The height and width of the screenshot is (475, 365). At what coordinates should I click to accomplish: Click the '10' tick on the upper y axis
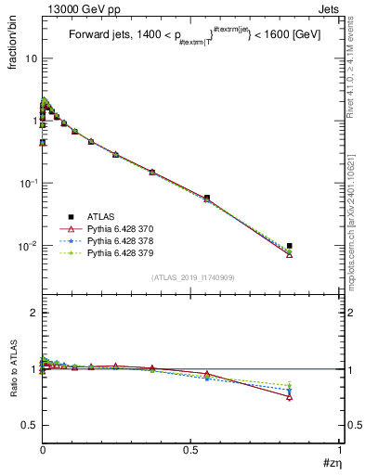coord(30,58)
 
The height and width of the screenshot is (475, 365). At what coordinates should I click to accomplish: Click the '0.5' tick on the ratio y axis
coord(30,425)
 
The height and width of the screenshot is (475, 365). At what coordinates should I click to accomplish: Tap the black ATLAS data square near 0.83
coord(290,246)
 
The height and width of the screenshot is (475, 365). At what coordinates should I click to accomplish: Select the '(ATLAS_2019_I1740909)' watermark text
coord(192,276)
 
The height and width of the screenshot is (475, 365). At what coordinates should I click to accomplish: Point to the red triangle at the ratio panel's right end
coord(290,396)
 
